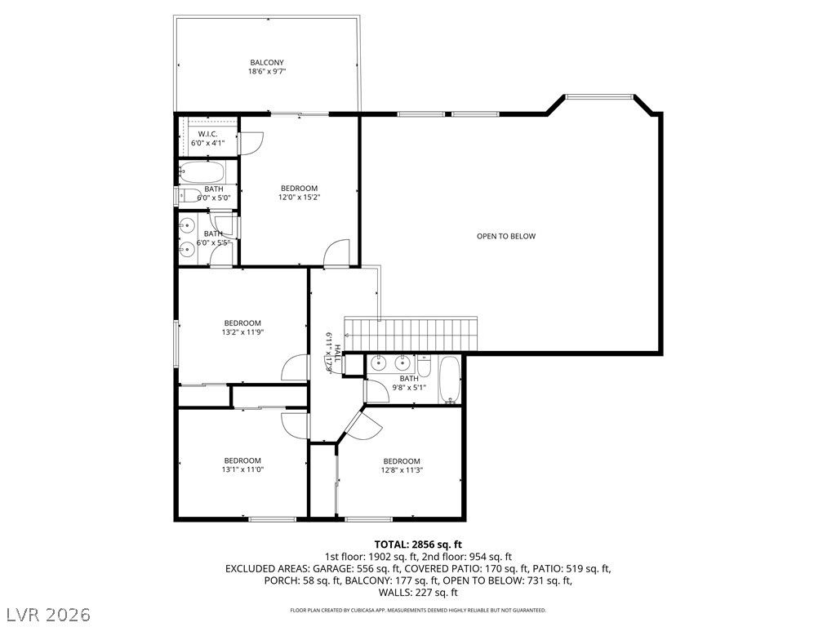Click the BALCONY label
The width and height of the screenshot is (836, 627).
(x=267, y=62)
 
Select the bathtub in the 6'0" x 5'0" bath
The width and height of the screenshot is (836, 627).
(x=202, y=172)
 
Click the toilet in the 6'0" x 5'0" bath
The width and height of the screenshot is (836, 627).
(x=190, y=195)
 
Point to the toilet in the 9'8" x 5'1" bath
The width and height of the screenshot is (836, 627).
(x=424, y=365)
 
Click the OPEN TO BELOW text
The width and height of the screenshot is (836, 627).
(x=506, y=236)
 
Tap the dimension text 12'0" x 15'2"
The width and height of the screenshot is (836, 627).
(x=299, y=197)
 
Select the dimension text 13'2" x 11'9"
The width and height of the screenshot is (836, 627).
(x=242, y=332)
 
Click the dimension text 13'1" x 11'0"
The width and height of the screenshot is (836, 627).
(x=242, y=469)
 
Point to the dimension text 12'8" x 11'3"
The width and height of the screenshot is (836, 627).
(x=402, y=470)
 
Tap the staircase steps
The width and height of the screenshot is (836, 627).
(x=411, y=334)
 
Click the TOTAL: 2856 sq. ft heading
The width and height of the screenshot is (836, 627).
(x=418, y=544)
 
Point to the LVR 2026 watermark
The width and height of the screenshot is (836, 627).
(x=47, y=613)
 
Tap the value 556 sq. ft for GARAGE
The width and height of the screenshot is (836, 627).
(x=378, y=568)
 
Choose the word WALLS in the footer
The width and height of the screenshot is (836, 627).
(x=397, y=593)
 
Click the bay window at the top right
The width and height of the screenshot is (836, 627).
(x=599, y=98)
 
